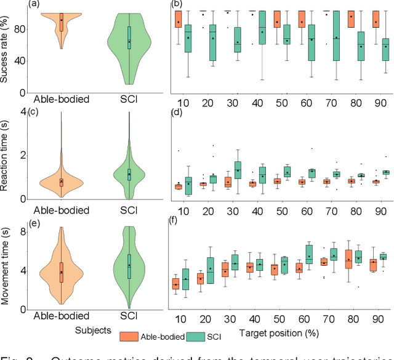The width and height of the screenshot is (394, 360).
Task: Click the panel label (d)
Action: coord(177,113)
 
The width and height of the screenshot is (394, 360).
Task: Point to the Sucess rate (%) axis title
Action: coord(7,50)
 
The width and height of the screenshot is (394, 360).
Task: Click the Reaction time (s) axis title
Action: coord(7,156)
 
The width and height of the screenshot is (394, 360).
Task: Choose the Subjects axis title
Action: coord(95,330)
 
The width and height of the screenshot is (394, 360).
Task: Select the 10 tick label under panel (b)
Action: coord(183,101)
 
